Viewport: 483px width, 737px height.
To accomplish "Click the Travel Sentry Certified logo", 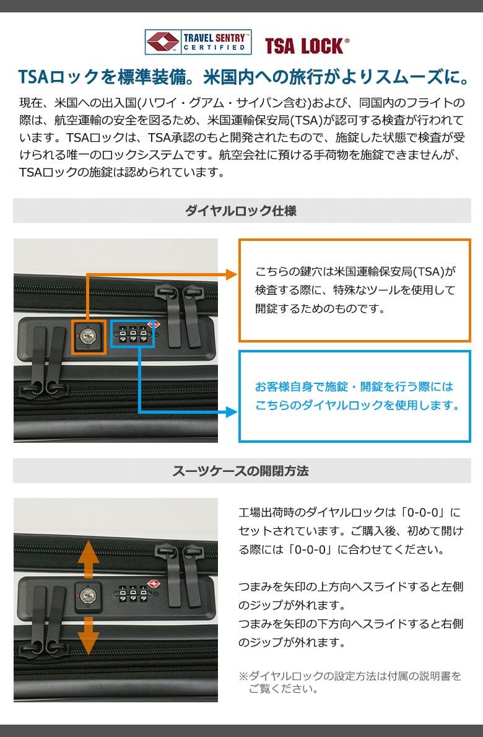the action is [198, 42].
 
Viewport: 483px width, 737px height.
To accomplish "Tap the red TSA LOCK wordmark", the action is [307, 46].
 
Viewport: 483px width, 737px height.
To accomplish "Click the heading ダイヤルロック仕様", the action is [241, 211].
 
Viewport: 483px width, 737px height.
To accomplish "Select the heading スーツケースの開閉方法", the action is [240, 471].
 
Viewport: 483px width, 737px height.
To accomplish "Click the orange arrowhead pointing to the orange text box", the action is [232, 274].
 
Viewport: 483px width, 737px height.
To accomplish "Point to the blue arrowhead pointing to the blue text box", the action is [232, 412].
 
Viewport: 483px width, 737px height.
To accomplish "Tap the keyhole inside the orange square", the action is [87, 336].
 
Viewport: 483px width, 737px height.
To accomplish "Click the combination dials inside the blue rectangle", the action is [133, 334].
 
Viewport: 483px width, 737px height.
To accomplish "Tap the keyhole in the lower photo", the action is [87, 596].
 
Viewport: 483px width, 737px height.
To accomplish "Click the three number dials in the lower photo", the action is [133, 594].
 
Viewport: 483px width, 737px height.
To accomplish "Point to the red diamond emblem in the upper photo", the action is [154, 325].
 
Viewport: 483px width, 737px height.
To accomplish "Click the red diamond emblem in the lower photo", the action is [154, 584].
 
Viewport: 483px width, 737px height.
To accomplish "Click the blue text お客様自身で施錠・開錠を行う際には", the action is [354, 386].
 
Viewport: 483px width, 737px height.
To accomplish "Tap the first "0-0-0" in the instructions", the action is [422, 512].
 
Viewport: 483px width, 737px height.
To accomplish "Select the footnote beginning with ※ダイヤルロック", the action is [350, 682].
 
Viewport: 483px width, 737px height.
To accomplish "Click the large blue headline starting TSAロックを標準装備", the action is [243, 77].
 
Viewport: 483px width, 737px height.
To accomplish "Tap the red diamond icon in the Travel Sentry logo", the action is [163, 42].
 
